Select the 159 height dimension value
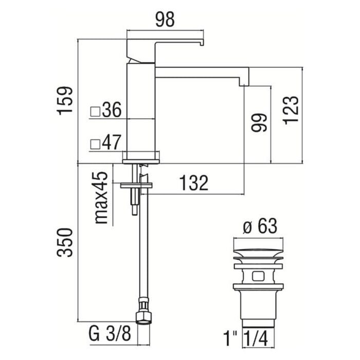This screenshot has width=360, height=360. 64,101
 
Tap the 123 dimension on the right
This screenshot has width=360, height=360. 291,110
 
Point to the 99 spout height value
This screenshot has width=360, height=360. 259,122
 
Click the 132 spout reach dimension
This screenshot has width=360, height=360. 193,183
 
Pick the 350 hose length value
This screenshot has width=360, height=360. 64,242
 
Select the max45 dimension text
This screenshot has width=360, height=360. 101,197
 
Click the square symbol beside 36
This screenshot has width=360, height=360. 95,112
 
